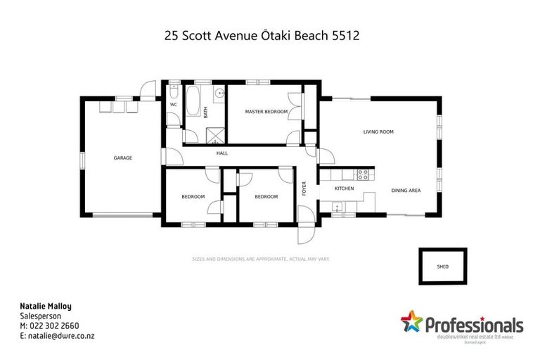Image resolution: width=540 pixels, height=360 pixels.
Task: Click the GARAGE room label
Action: coord(123,158)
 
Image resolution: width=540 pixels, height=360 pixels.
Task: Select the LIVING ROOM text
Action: coord(378,131)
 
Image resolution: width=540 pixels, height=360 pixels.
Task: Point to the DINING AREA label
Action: coord(406,191)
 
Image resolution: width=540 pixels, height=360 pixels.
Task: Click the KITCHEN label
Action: coord(344,189)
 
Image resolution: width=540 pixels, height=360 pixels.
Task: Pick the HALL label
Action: coord(221,153)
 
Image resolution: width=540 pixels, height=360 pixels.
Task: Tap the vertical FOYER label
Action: coord(304,188)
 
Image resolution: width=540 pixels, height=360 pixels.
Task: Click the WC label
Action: coord(173,105)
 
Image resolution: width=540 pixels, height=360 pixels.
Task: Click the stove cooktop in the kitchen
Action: coord(364,174)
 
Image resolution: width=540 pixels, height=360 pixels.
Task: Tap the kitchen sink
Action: coord(337,207)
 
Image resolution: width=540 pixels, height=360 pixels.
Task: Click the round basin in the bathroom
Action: coord(219,93)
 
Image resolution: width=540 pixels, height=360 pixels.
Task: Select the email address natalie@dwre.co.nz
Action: coord(58,335)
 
